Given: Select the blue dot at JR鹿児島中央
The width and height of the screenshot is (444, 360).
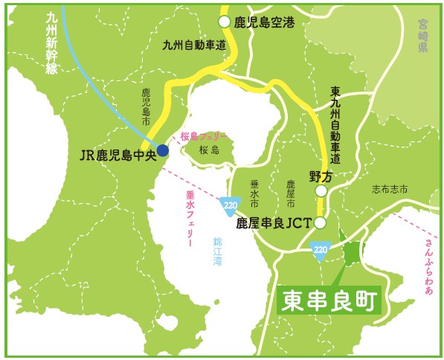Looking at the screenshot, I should point(162,150).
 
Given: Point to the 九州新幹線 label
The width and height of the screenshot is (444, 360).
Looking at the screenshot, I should point(51,40).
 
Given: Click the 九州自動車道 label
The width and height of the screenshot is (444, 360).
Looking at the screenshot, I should point(193,45).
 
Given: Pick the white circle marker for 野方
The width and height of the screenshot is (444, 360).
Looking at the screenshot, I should point(321,191).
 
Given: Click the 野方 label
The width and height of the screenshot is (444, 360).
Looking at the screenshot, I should point(320,176).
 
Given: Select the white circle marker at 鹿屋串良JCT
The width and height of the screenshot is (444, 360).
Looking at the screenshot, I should point(321,222).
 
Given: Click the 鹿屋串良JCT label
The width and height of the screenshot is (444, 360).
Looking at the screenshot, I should point(274,222).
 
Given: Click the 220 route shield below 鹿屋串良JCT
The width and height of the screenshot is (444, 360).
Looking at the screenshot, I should point(320,250).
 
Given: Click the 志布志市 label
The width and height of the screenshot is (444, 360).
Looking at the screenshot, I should point(390,190).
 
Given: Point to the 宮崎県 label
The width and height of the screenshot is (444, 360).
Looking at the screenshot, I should point(422,37).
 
